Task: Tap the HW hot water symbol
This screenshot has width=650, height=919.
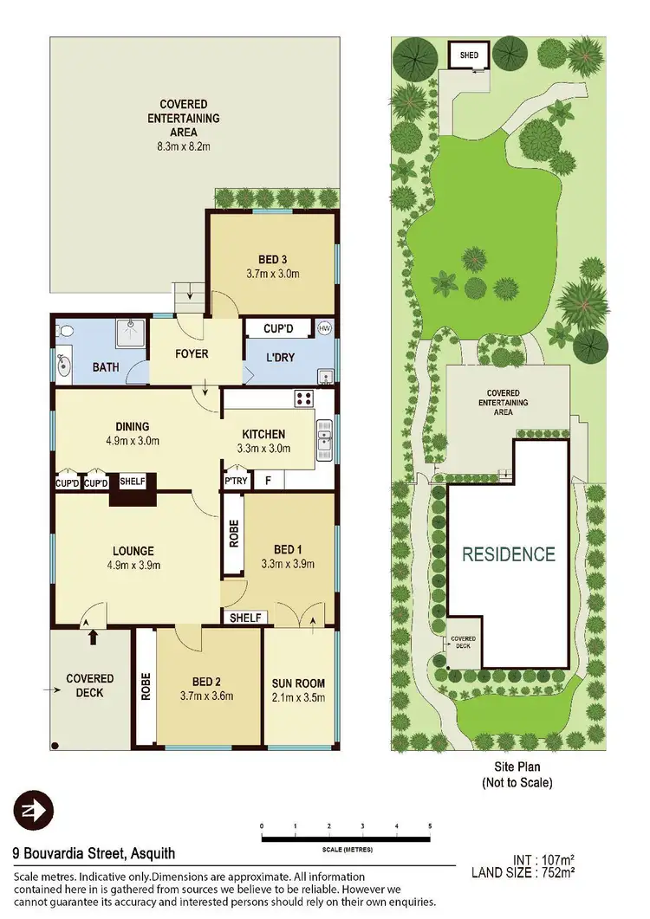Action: pos(325,329)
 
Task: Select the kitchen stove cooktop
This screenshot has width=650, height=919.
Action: pos(304,398)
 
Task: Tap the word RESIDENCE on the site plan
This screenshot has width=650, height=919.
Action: pos(508,553)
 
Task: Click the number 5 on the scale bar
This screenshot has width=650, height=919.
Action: pos(429,826)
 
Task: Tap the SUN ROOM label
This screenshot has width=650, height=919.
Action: pos(298,683)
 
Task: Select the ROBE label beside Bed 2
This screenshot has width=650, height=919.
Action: pos(146,686)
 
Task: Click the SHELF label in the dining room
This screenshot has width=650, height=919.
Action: pos(133,482)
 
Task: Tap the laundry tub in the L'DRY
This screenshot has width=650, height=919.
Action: pos(325,376)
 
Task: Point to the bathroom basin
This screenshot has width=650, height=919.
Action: pos(64,365)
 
